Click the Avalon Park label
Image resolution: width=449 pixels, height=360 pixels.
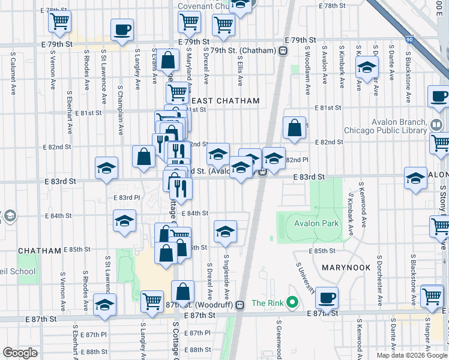[x=316, y=224]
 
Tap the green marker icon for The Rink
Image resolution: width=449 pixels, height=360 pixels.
[x=292, y=301]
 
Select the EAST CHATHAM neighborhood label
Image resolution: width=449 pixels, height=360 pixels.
[x=225, y=101]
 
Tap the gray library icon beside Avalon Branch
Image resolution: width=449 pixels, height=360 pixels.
[x=436, y=125]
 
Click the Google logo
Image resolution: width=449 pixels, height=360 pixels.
[x=20, y=353]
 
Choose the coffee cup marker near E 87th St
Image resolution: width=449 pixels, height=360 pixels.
[x=327, y=298]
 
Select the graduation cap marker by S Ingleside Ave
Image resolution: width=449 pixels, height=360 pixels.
[x=225, y=231]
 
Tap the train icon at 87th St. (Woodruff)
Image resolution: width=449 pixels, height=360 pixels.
[x=240, y=305]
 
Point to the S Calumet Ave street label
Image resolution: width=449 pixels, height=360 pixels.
[x=13, y=74]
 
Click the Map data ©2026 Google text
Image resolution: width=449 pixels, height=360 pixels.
[x=412, y=355]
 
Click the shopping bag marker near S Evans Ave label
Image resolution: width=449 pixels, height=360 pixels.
[x=169, y=60]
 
